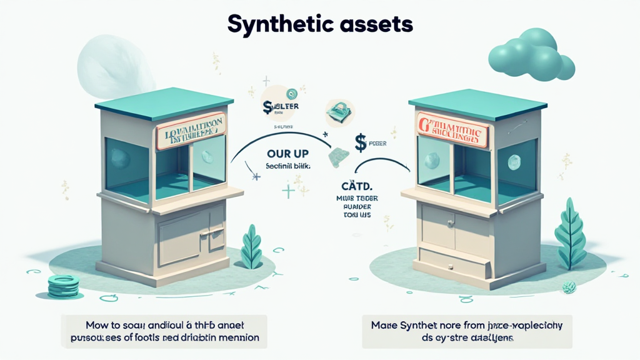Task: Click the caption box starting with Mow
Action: click(164, 331)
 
